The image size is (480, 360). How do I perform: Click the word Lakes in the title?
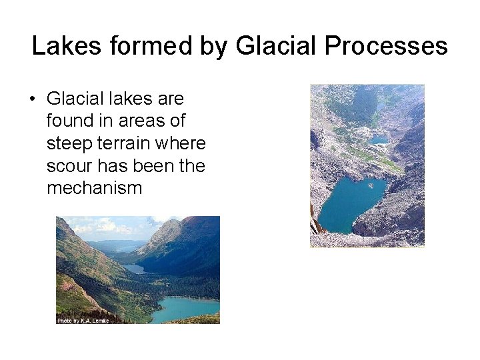tap(63, 46)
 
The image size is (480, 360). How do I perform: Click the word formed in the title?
tap(141, 46)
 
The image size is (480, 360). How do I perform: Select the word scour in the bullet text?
tap(70, 165)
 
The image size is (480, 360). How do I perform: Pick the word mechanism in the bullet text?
tap(94, 188)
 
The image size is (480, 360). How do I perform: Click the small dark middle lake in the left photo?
tap(133, 268)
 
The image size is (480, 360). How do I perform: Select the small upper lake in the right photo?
tap(378, 139)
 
